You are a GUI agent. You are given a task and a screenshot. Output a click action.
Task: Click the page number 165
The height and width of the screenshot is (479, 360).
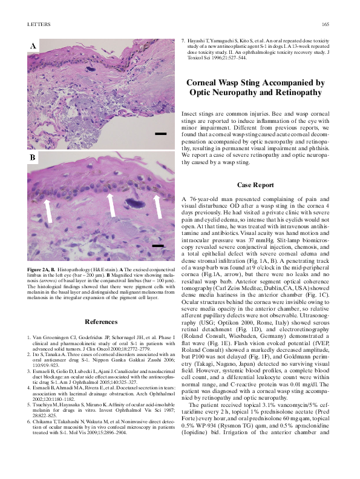point(324,24)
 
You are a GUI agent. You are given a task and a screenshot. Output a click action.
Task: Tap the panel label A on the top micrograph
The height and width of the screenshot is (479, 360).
point(33,46)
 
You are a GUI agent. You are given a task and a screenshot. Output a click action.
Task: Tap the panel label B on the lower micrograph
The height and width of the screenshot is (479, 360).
point(33,157)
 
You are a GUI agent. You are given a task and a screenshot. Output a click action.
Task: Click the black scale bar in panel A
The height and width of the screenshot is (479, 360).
point(160,133)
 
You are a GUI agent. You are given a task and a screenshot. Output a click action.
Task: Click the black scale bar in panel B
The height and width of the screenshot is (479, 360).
point(157,245)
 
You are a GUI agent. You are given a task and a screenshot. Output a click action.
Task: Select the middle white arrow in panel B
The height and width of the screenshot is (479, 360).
point(111,205)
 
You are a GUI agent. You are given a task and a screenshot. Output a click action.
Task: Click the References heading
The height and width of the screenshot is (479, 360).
point(101,322)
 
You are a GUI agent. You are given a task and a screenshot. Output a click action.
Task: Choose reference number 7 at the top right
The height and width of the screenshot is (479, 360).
point(183,41)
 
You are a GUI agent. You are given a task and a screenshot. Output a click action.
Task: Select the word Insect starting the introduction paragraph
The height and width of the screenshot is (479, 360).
point(191,114)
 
